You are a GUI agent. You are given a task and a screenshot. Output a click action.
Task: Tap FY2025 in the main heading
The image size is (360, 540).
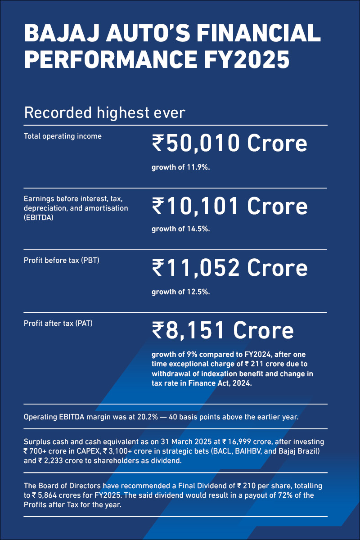coord(247,59)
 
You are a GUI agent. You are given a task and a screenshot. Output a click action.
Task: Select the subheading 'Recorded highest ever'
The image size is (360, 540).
coord(105,112)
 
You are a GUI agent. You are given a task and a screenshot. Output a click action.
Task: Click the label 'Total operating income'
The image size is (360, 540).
coord(63,136)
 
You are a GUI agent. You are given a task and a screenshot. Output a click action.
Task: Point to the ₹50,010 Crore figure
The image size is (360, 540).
coord(229,144)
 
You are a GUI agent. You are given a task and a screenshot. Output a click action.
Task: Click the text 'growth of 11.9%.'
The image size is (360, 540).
coord(181,167)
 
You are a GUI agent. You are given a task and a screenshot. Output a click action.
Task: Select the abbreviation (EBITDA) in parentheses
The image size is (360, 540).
coord(39,217)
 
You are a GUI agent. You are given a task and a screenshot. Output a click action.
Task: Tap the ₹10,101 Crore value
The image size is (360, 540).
coord(230,206)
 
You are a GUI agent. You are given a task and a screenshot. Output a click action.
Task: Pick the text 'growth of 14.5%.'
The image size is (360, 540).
coord(181,229)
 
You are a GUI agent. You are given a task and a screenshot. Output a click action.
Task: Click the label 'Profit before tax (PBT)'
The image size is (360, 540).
coord(62,261)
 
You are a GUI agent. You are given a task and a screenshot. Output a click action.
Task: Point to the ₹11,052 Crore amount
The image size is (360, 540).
coord(230,268)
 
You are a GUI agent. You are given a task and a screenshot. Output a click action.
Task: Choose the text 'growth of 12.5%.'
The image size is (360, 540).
coord(181,292)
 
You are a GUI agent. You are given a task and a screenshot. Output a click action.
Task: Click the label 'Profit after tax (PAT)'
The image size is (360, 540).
coord(58,323)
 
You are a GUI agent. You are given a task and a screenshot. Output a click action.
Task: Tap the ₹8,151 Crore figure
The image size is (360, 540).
coord(223,330)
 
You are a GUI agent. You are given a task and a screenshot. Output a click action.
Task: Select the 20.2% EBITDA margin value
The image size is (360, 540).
coord(148,417)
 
